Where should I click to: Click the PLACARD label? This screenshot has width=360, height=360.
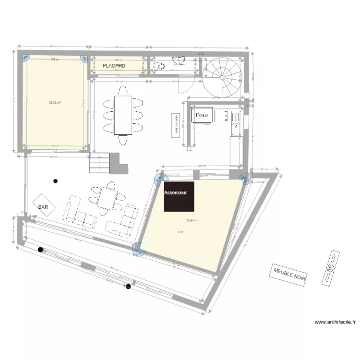click(114, 65)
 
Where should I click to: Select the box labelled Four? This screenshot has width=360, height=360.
click(202, 116)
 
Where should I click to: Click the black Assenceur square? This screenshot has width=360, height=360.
click(179, 196)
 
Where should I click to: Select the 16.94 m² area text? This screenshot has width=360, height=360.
click(192, 221)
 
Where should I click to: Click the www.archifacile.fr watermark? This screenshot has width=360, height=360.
click(335, 323)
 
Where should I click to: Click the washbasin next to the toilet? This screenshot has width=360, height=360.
click(179, 60)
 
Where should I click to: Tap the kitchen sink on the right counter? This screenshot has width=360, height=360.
click(236, 128)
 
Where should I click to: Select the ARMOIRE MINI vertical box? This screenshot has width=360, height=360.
click(176, 125)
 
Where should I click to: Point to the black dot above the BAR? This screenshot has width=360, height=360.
click(56, 181)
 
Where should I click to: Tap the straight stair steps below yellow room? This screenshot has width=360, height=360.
click(100, 163)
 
